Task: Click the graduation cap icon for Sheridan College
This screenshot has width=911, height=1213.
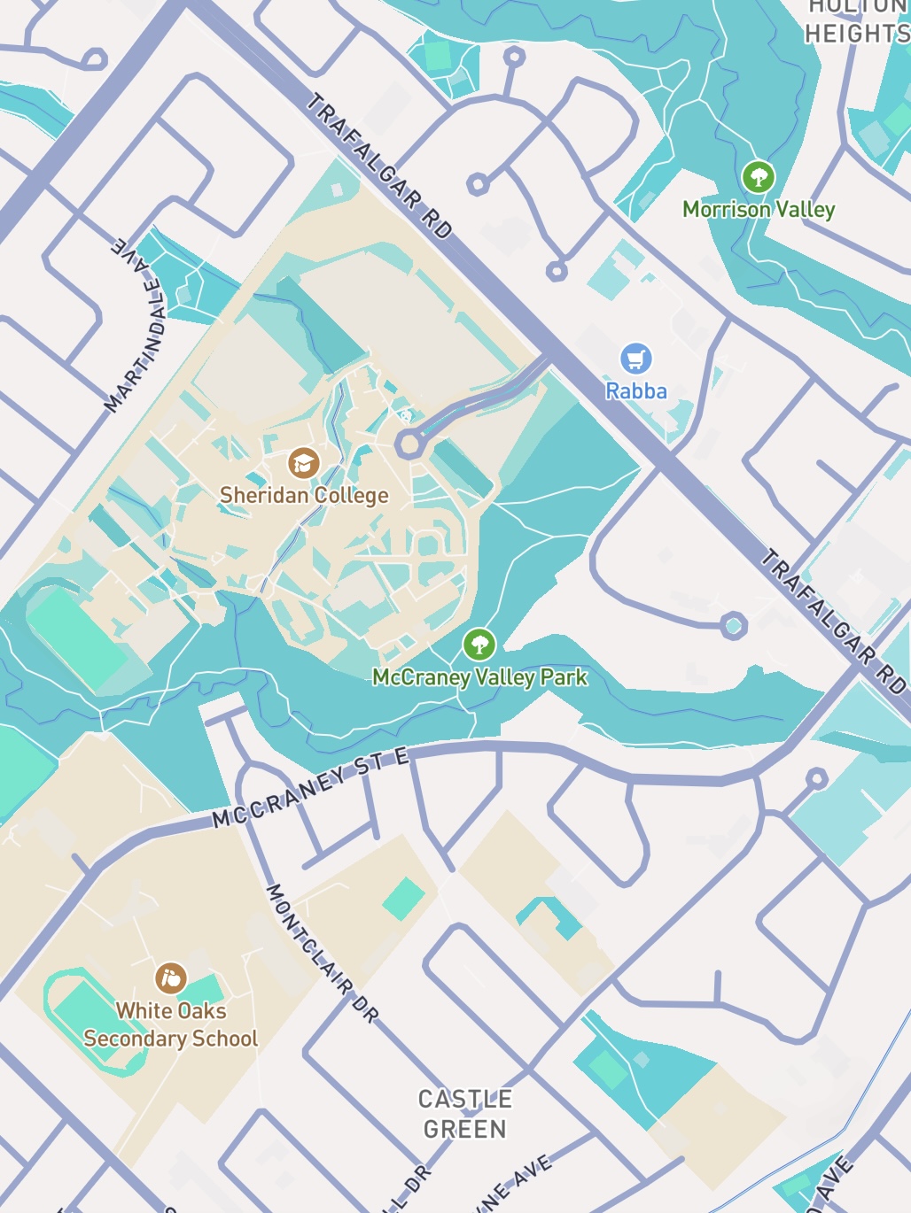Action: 303,463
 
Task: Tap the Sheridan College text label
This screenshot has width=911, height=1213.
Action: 304,495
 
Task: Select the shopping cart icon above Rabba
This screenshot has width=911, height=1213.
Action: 635,359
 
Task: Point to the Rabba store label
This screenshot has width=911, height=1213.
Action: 635,390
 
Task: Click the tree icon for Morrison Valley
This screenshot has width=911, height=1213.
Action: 758,177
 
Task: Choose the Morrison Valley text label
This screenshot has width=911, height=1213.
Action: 759,210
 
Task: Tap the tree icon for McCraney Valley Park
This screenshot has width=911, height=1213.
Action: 479,645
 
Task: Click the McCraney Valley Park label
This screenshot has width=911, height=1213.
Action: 479,677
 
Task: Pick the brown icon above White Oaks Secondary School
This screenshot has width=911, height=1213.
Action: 170,978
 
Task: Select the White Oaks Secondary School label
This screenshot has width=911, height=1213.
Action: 170,1024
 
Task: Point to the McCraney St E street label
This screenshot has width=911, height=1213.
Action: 311,787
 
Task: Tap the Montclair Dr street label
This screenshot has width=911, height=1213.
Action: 322,953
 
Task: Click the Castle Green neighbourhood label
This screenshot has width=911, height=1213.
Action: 465,1114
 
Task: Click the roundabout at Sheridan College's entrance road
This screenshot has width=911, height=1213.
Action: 409,444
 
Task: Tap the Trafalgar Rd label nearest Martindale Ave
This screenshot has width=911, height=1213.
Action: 379,166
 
